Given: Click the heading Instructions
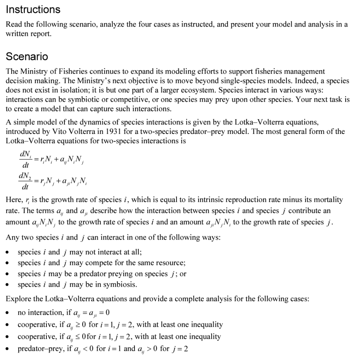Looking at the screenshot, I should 33,10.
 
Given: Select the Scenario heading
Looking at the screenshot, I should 27,56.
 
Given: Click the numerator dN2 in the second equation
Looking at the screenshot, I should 25,176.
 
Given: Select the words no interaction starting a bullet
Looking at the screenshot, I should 39,313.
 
